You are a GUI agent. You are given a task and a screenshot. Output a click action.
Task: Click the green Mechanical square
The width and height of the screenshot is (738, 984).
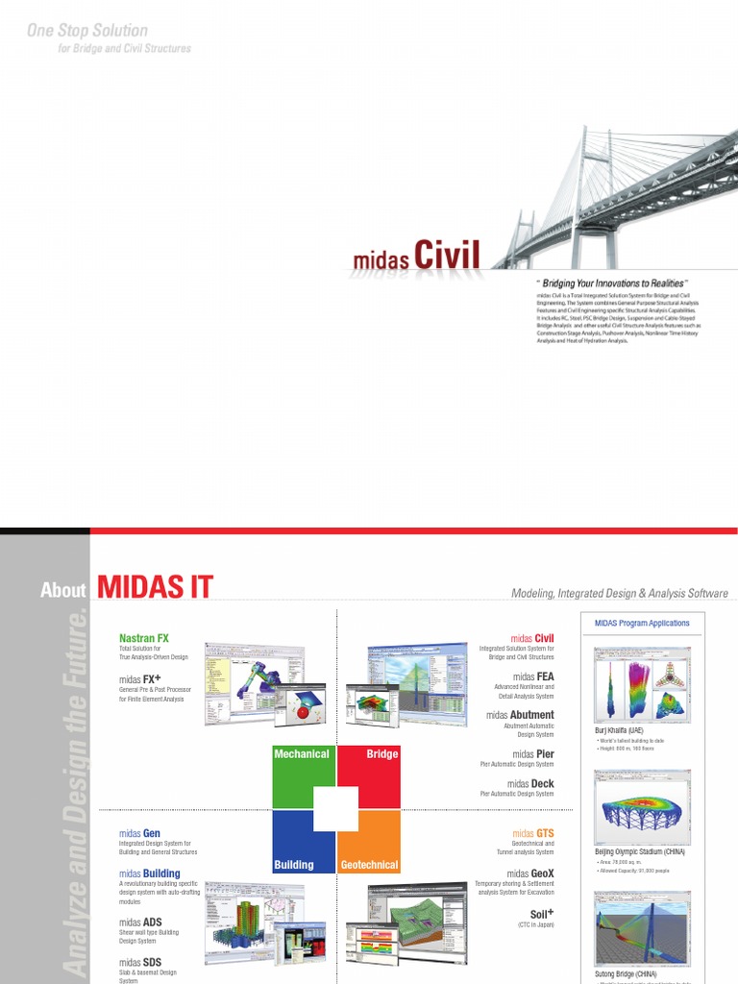[302, 775]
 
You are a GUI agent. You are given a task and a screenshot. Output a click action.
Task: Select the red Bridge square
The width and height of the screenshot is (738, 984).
[369, 775]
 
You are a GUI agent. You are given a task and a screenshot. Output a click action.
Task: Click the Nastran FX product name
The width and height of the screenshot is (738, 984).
[144, 638]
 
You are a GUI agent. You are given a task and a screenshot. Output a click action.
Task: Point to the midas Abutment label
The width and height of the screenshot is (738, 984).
[520, 715]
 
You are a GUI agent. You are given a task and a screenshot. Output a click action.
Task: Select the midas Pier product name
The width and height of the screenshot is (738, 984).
[533, 754]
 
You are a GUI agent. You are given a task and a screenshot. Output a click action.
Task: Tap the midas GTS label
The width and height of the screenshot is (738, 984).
[533, 833]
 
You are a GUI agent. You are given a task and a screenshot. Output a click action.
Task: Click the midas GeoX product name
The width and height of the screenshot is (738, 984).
[530, 874]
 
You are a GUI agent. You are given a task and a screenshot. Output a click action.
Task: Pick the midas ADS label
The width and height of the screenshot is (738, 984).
[140, 922]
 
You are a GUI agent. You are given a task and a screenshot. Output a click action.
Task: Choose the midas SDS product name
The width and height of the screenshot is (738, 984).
[140, 963]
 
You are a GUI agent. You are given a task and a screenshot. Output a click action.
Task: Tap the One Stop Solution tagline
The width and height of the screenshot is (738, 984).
[87, 31]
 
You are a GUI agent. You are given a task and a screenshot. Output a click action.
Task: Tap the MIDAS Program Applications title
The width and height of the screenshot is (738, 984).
[642, 624]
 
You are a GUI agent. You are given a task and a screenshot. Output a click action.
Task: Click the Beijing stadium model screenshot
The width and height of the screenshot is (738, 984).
[642, 806]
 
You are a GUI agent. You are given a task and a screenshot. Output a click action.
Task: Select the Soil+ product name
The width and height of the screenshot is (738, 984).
[542, 915]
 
